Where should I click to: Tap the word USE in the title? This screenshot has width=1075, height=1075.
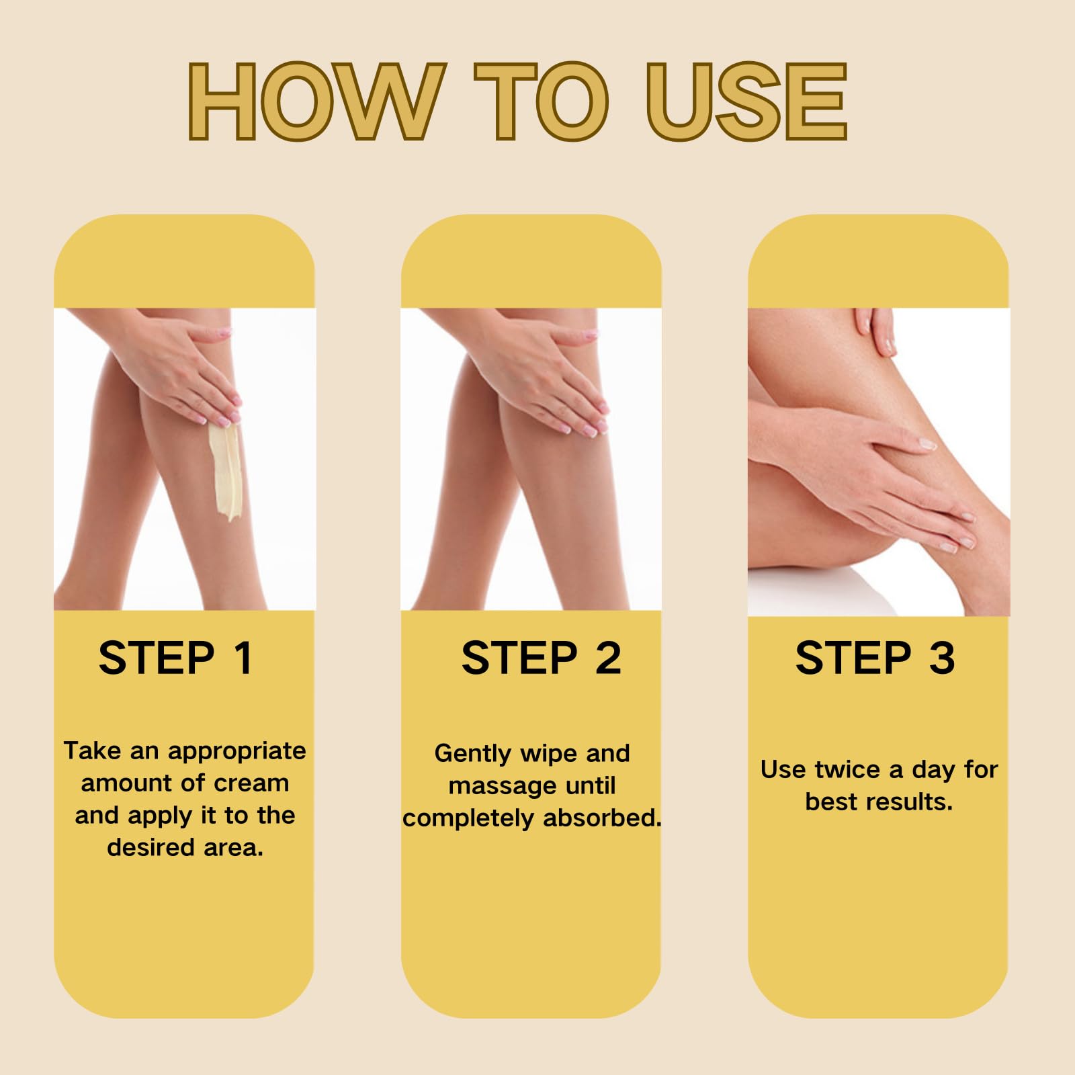(x=746, y=101)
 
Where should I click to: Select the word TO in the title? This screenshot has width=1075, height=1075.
(x=541, y=101)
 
